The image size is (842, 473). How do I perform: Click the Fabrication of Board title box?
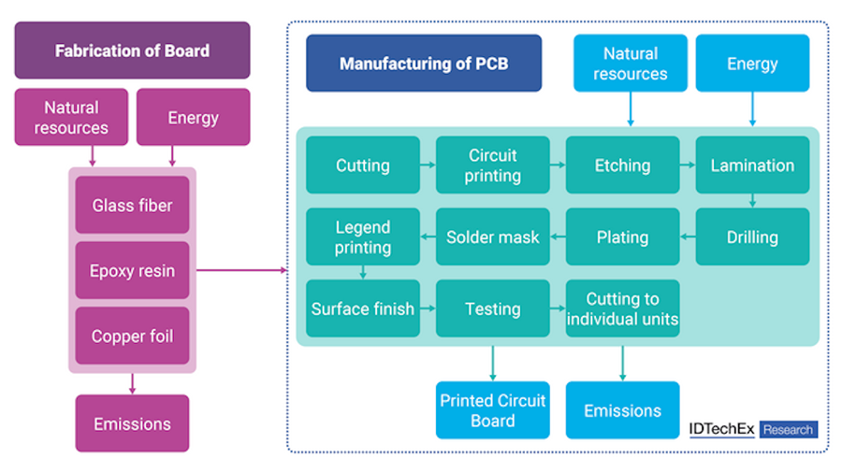[x=132, y=50]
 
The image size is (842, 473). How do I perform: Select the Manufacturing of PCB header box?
[x=424, y=64]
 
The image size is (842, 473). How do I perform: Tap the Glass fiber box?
[x=132, y=205]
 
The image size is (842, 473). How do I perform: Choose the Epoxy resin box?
[x=132, y=270]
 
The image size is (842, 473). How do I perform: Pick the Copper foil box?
[x=132, y=336]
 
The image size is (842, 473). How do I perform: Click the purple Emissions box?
[x=132, y=423]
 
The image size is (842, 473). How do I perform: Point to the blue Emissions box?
[x=622, y=410]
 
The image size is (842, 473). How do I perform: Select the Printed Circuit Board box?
[x=492, y=410]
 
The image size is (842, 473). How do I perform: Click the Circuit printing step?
[x=492, y=165]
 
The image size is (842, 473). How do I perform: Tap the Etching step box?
[x=622, y=165]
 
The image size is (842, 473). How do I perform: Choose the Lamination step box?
[x=752, y=165]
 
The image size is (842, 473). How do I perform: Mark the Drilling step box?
[x=752, y=236]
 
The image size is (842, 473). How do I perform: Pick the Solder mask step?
[x=492, y=236]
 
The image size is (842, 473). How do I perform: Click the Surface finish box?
[x=363, y=308]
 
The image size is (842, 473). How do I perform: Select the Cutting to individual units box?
[x=622, y=308]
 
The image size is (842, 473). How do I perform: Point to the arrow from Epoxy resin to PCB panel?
[x=242, y=270]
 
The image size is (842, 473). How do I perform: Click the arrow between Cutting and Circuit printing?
[x=428, y=165]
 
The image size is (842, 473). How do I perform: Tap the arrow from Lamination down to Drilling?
[x=752, y=201]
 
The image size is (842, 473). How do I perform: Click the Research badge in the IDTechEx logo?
[x=789, y=430]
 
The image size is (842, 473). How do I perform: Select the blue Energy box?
[x=752, y=64]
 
